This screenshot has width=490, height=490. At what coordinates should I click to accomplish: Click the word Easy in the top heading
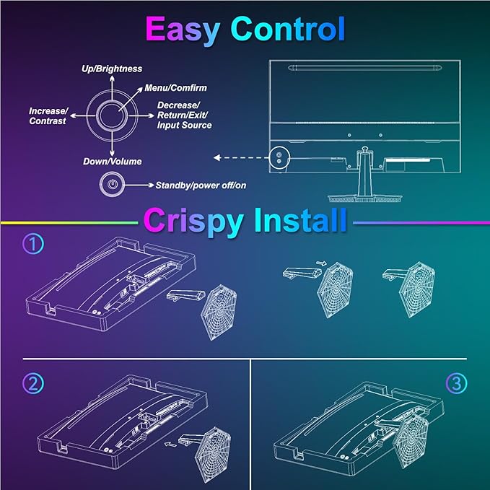[x=183, y=30]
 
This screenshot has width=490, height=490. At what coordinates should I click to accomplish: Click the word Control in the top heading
[x=288, y=29]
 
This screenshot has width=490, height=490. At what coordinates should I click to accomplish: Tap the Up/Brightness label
[x=112, y=69]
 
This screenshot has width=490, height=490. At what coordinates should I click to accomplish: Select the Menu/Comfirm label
[x=175, y=88]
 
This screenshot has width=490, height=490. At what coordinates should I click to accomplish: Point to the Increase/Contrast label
[x=48, y=116]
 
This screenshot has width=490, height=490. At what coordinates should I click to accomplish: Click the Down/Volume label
[x=113, y=162]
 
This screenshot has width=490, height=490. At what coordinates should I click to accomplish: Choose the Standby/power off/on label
[x=201, y=185]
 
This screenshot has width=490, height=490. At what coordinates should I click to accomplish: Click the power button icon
[x=112, y=184]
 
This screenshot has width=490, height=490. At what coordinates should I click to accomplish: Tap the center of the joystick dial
[x=112, y=115]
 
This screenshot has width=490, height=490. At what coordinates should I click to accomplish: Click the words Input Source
[x=184, y=126]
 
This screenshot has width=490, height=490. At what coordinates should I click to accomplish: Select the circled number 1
[x=33, y=243]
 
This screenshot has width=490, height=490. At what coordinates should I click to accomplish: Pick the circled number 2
[x=33, y=383]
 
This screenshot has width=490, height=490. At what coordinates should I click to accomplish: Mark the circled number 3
[x=456, y=383]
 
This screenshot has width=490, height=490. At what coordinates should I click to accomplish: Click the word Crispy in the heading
[x=193, y=221]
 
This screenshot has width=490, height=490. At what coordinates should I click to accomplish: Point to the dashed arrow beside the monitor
[x=241, y=158]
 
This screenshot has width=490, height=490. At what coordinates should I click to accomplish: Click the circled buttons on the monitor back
[x=279, y=158]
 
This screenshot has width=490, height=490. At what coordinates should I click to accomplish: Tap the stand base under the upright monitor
[x=365, y=198]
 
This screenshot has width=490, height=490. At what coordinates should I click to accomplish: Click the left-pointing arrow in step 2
[x=170, y=443]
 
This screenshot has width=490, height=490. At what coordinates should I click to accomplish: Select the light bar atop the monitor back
[x=365, y=68]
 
